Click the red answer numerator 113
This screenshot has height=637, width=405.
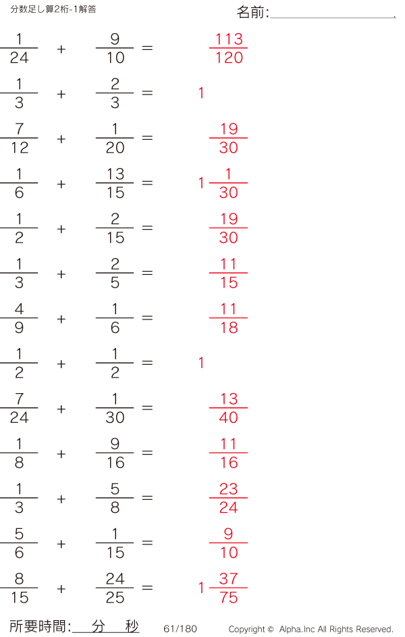pyautogui.click(x=229, y=39)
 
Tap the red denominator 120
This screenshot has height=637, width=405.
pyautogui.click(x=229, y=57)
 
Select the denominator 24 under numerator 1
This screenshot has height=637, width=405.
pyautogui.click(x=19, y=57)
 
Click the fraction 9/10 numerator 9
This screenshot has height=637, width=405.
pyautogui.click(x=115, y=39)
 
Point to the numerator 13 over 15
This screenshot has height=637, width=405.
pyautogui.click(x=115, y=174)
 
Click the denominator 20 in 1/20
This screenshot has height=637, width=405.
pyautogui.click(x=115, y=147)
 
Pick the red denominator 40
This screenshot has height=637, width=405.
pyautogui.click(x=228, y=417)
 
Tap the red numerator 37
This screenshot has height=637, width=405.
pyautogui.click(x=228, y=578)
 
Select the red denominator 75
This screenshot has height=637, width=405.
pyautogui.click(x=228, y=598)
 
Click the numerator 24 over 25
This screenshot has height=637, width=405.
pyautogui.click(x=115, y=578)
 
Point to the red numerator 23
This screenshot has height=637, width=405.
pyautogui.click(x=228, y=488)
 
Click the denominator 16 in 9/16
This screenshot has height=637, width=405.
pyautogui.click(x=115, y=462)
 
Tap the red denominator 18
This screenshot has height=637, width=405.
pyautogui.click(x=229, y=328)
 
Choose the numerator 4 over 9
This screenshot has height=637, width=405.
pyautogui.click(x=19, y=309)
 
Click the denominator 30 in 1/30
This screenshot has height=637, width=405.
pyautogui.click(x=115, y=417)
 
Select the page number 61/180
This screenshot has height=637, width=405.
pyautogui.click(x=180, y=629)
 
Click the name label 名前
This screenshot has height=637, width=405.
pyautogui.click(x=250, y=12)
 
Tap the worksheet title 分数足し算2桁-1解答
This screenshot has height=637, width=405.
pyautogui.click(x=53, y=9)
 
